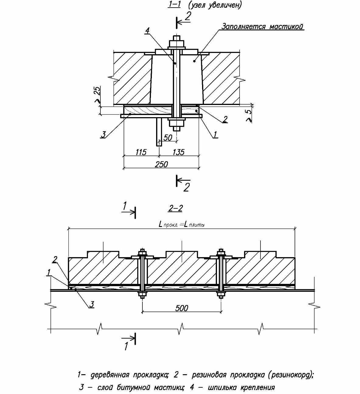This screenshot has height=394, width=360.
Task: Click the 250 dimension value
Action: (161, 164)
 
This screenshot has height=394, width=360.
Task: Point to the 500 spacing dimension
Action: (182, 308)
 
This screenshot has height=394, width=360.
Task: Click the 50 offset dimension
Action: (168, 138)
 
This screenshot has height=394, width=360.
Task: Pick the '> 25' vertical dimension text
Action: (97, 95)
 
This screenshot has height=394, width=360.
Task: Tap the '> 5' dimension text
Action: (249, 115)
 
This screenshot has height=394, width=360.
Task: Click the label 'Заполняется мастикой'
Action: (262, 26)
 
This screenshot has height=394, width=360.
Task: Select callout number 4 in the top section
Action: (147, 30)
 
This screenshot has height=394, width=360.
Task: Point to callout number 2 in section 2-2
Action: (55, 260)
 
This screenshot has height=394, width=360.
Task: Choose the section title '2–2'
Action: (175, 208)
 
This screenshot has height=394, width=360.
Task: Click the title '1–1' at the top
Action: (174, 5)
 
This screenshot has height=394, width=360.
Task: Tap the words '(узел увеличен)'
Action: (215, 5)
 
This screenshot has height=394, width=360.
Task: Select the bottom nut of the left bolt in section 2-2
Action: (142, 294)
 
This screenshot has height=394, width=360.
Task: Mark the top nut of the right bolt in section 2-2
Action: (221, 252)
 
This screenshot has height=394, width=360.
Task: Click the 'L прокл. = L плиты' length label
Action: (182, 225)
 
